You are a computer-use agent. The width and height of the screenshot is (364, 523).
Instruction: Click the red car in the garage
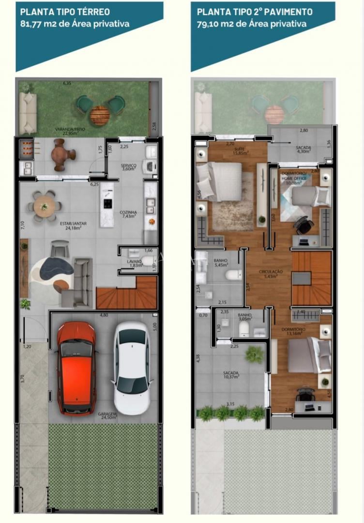coord(76,368)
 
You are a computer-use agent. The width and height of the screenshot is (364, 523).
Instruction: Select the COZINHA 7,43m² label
coord(128,214)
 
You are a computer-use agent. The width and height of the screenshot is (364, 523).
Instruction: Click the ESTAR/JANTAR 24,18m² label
coord(73,225)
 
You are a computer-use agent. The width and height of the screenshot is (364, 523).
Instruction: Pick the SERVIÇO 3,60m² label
coord(128,167)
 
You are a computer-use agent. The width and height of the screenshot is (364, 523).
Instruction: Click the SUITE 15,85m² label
coord(240,151)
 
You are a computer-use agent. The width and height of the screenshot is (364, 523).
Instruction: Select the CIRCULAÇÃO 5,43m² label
coord(270,274)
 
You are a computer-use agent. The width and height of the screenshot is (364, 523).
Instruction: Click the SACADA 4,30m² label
coord(303,149)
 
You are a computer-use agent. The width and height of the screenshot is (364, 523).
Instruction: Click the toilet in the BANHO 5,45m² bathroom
coord(234,275)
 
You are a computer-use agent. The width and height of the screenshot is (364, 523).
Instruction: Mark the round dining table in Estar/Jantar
coord(45,206)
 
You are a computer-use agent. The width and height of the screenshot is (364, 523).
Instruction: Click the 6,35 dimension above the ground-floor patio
coord(67,84)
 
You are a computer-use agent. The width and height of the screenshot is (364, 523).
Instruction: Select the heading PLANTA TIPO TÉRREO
coord(65,12)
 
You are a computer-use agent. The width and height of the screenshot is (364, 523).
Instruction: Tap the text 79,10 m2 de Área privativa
coord(251,23)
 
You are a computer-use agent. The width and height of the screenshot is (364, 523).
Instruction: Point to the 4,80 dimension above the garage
coord(104,316)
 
